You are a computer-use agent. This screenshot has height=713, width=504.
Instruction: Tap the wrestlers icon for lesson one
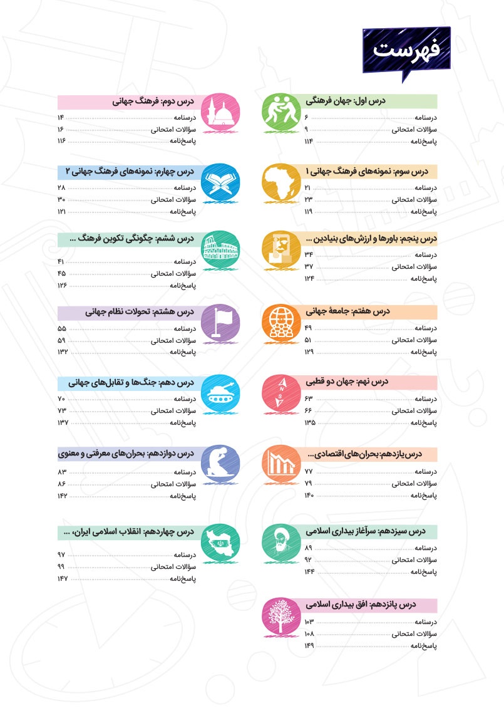[x=279, y=113]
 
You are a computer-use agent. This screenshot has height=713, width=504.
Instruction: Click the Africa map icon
[x=279, y=182]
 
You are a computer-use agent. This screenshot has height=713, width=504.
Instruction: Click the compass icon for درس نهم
[x=279, y=394]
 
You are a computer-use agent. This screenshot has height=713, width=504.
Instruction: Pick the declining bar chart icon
[x=279, y=466]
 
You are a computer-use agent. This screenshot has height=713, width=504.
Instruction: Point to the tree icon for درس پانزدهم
[x=279, y=617]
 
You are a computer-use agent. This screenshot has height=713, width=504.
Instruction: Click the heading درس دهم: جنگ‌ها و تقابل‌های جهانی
[x=128, y=382]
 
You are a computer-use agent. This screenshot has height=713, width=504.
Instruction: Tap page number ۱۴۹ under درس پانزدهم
[x=309, y=645]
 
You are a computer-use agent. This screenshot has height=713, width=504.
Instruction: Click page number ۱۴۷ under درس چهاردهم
[x=62, y=578]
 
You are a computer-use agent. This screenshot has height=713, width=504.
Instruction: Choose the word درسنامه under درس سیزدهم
[x=425, y=548]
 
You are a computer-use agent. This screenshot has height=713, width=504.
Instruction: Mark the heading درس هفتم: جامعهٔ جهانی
[x=347, y=311]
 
